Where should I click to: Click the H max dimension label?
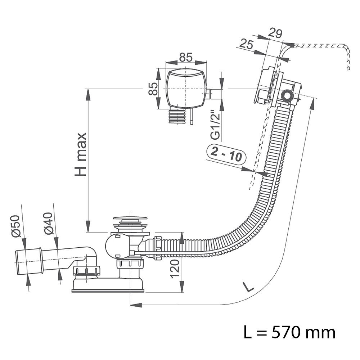coord(80,154)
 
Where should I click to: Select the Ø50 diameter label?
coord(15,226)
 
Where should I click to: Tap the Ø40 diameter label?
coord(49,224)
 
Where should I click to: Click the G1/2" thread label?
coord(215,125)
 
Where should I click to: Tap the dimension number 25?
coord(245,44)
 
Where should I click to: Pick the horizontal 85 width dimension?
coord(185,57)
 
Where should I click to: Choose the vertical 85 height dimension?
coord(153,89)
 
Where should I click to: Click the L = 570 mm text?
coord(289,332)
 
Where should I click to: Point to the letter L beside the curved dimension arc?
coord(248,287)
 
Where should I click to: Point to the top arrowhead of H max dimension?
coord(87,93)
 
